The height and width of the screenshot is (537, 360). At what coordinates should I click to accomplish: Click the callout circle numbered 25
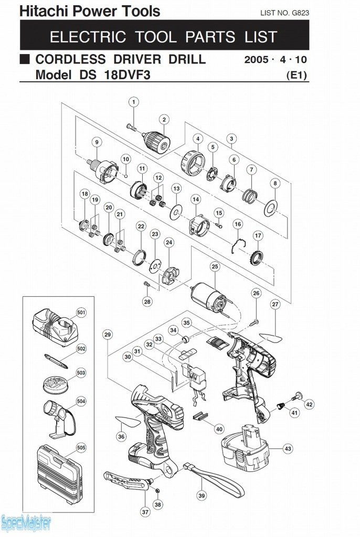click(215, 267)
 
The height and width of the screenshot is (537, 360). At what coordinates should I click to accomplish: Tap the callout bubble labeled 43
click(288, 449)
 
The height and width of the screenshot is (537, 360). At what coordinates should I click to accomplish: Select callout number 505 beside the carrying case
click(81, 447)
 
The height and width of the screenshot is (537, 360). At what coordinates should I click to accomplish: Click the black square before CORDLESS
click(25, 59)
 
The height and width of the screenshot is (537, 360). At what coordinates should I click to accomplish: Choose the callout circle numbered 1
click(134, 102)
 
